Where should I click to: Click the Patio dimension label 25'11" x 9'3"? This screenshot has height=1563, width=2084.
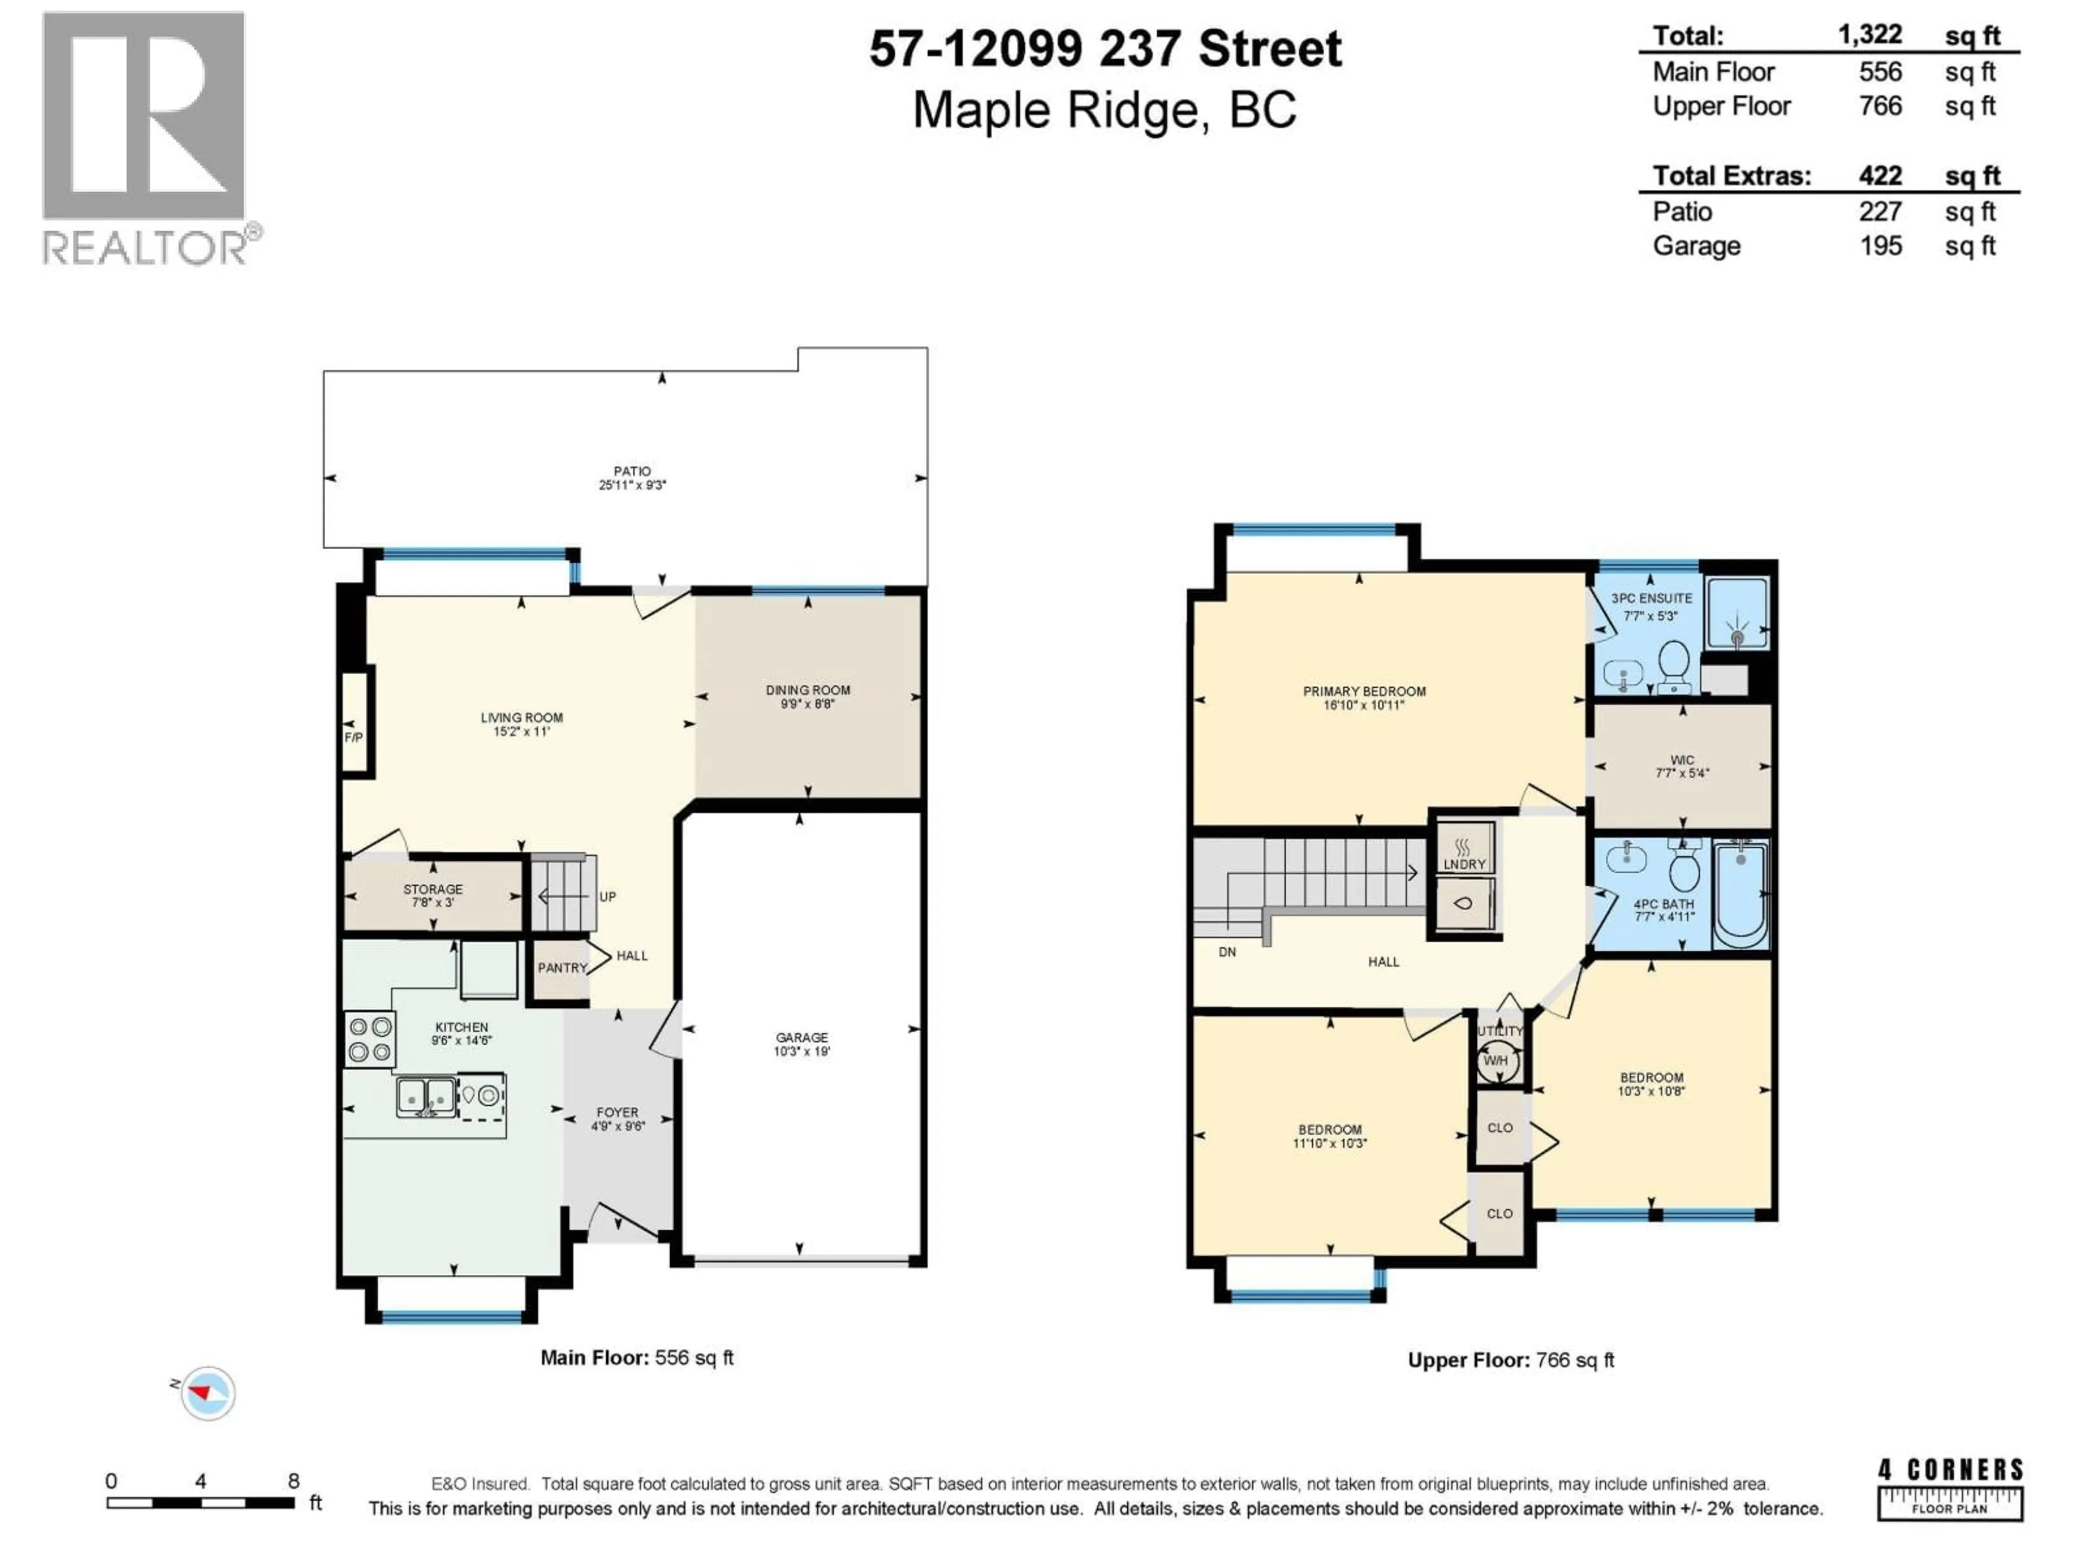pyautogui.click(x=632, y=485)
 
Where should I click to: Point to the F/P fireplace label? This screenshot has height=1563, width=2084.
pyautogui.click(x=353, y=737)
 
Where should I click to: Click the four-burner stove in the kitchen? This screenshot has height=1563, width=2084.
pyautogui.click(x=370, y=1039)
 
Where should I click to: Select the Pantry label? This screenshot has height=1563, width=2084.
pyautogui.click(x=562, y=968)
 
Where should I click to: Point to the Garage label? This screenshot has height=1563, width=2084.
pyautogui.click(x=802, y=1037)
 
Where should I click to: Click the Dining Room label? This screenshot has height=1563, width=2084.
pyautogui.click(x=808, y=690)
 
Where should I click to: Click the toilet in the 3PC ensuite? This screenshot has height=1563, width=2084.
pyautogui.click(x=1673, y=662)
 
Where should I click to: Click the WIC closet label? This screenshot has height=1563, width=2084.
pyautogui.click(x=1682, y=759)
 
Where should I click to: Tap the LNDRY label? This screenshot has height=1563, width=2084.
pyautogui.click(x=1464, y=864)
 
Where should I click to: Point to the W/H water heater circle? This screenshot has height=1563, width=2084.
pyautogui.click(x=1496, y=1061)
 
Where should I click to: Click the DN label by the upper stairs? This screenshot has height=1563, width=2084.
pyautogui.click(x=1227, y=951)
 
